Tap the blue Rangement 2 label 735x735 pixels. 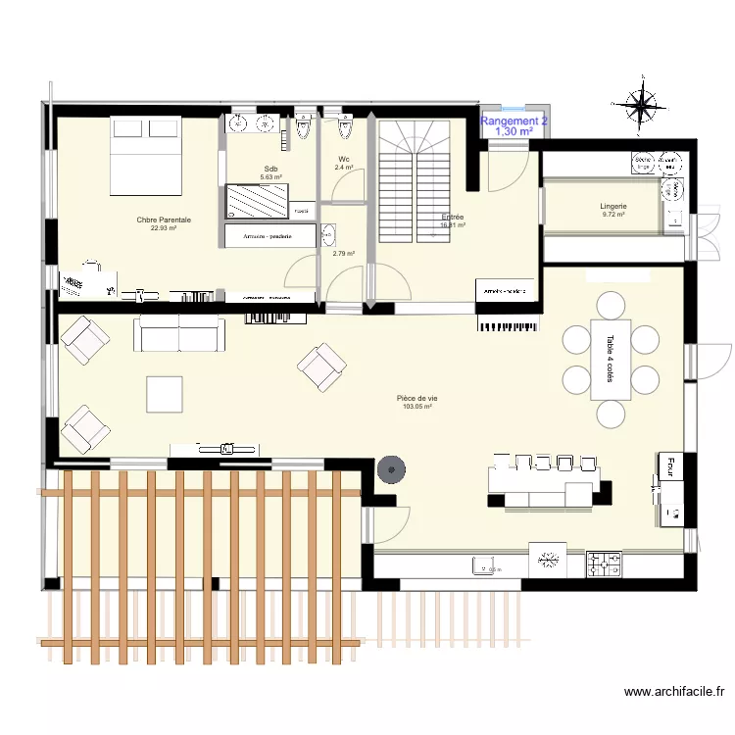514,121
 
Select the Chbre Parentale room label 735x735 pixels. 164,220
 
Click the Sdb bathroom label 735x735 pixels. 270,170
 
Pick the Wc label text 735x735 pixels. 344,160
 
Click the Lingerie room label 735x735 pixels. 613,207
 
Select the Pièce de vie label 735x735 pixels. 417,398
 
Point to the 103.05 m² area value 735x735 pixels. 417,407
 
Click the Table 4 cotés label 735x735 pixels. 610,359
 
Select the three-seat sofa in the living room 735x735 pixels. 179,333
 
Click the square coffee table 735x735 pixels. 165,394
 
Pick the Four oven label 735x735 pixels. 672,465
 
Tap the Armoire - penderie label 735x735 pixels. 269,236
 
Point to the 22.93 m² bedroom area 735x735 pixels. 164,229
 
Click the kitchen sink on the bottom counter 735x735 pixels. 486,564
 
